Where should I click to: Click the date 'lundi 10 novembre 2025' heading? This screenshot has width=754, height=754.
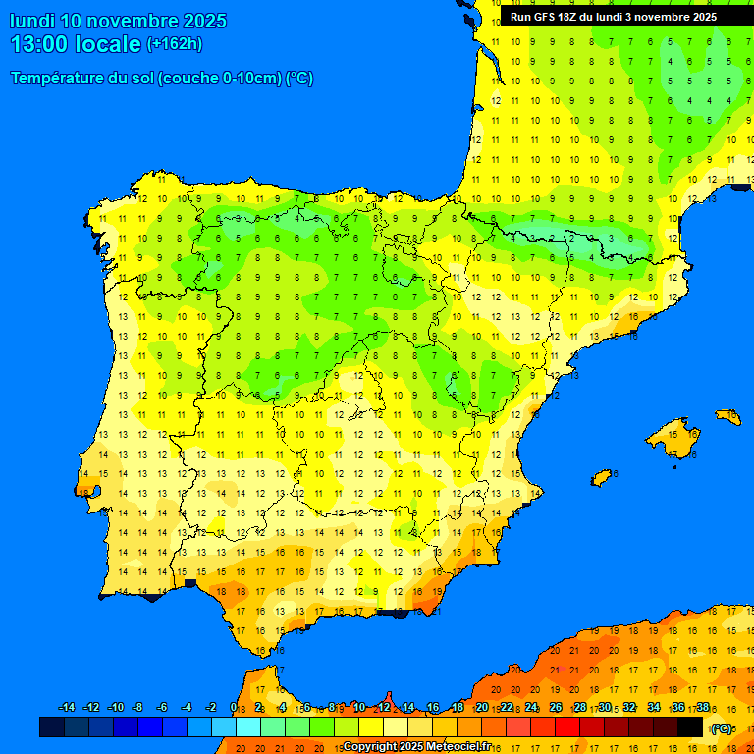point(118,21)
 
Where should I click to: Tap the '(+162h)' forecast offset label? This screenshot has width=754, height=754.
point(174,44)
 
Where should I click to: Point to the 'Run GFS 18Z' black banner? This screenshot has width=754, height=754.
point(613,17)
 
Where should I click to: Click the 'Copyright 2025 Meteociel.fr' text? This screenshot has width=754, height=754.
point(416,746)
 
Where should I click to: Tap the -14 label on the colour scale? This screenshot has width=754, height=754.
point(67,708)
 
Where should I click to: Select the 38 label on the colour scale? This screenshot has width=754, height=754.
point(703,708)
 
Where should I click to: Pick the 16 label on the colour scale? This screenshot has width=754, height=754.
point(433,708)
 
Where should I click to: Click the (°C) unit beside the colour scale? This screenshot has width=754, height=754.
point(722,728)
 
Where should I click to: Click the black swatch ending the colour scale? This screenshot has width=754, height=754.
point(690,727)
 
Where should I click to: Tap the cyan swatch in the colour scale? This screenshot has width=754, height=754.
point(248,727)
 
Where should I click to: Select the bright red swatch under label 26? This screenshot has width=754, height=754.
point(567,727)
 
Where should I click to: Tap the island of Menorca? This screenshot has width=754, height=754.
point(728,417)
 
